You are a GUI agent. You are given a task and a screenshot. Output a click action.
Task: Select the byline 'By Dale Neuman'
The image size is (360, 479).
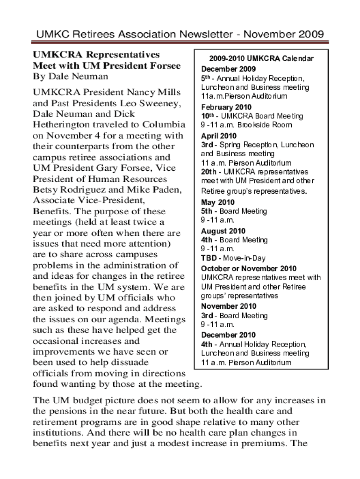[70, 76]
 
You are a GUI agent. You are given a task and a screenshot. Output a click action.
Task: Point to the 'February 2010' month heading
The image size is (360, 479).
[226, 107]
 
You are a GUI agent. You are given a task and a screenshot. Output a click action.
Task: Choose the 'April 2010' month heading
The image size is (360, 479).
[218, 136]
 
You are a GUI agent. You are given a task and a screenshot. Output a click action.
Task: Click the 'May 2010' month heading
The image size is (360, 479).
[217, 203]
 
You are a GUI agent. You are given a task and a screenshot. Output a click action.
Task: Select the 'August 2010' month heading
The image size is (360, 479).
[223, 231]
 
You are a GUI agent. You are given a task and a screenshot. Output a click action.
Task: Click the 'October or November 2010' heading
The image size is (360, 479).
[249, 269]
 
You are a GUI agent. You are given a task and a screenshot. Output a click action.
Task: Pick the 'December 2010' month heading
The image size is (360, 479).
[228, 335]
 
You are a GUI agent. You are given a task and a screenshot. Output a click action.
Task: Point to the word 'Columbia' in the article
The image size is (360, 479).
[166, 125]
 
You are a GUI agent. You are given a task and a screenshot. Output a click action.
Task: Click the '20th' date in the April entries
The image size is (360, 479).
[209, 172]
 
